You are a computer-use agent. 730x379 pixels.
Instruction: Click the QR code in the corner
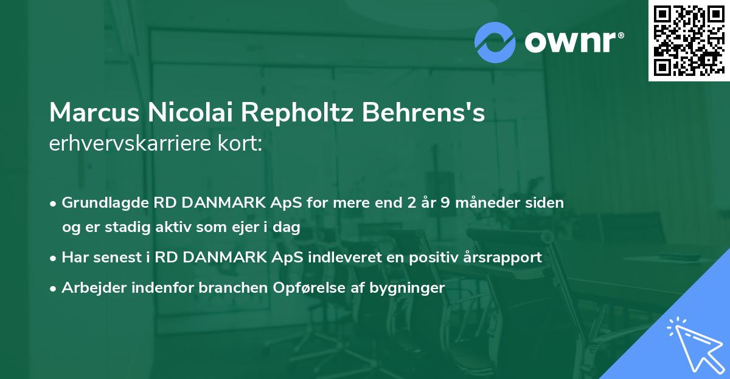point(689,41)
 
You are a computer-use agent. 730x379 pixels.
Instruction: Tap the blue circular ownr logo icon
point(495,43)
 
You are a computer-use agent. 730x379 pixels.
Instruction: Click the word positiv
point(441,258)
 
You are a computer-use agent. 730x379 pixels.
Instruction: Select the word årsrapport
point(504,258)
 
